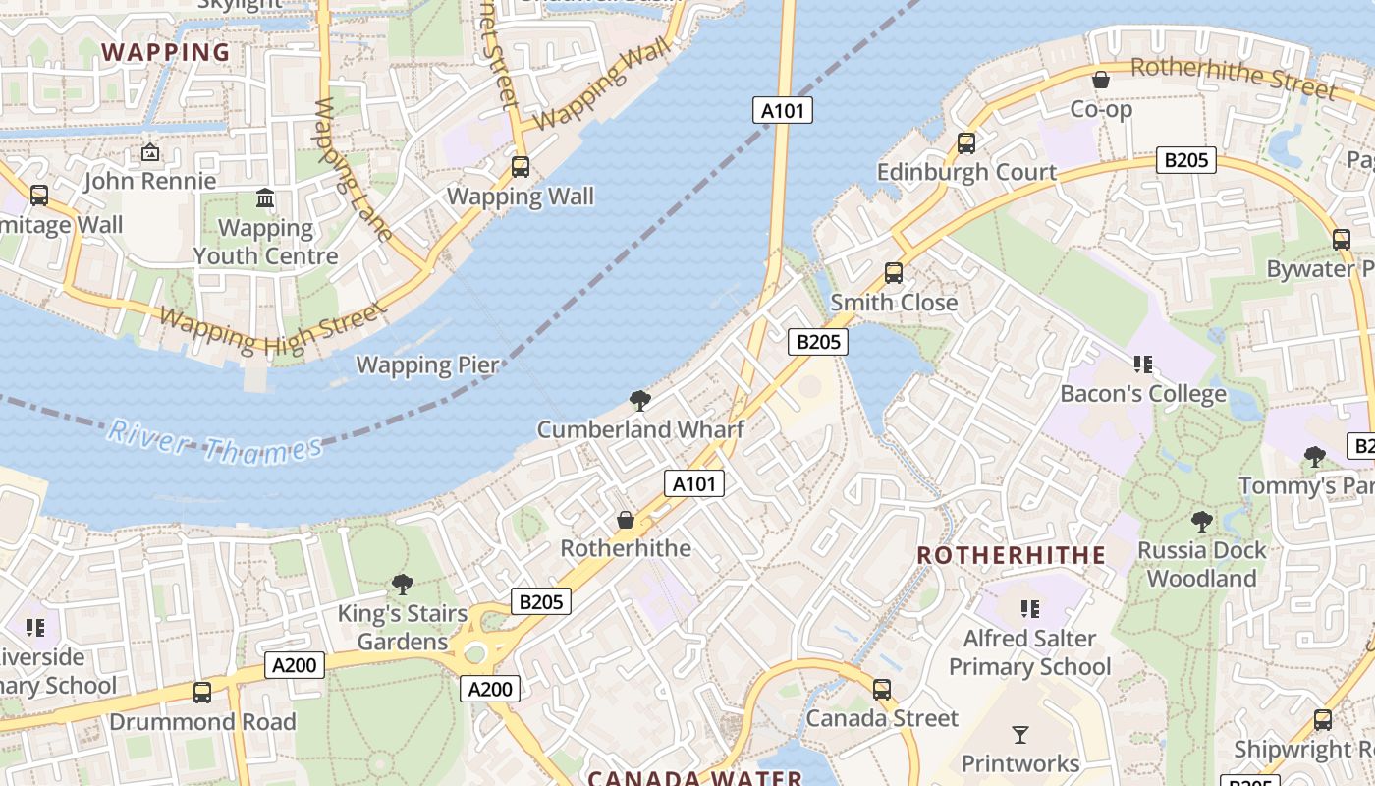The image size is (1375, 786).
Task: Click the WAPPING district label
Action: point(166,52)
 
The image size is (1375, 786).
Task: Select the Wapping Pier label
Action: point(427,365)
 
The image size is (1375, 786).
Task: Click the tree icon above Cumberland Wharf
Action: point(640,400)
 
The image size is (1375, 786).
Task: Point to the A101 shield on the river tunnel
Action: point(783,110)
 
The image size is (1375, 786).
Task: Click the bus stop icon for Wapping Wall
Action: point(521,167)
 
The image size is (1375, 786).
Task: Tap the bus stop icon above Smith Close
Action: point(893,273)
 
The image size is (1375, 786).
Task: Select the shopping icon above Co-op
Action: point(1101,80)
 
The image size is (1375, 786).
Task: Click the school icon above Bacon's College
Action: point(1142,365)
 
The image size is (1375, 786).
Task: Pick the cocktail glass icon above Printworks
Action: point(1020,734)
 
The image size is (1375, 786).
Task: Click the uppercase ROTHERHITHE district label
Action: point(1011,555)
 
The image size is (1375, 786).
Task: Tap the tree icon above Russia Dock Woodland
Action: point(1201,521)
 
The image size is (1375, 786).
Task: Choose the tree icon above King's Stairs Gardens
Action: point(402,585)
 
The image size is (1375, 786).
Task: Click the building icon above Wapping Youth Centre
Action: point(265,198)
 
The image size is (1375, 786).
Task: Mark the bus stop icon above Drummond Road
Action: point(202,692)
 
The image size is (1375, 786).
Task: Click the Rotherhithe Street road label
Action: point(1234,79)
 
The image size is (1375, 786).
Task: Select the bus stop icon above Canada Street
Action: point(882,690)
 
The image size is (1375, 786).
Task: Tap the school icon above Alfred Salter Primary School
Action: point(1029,609)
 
